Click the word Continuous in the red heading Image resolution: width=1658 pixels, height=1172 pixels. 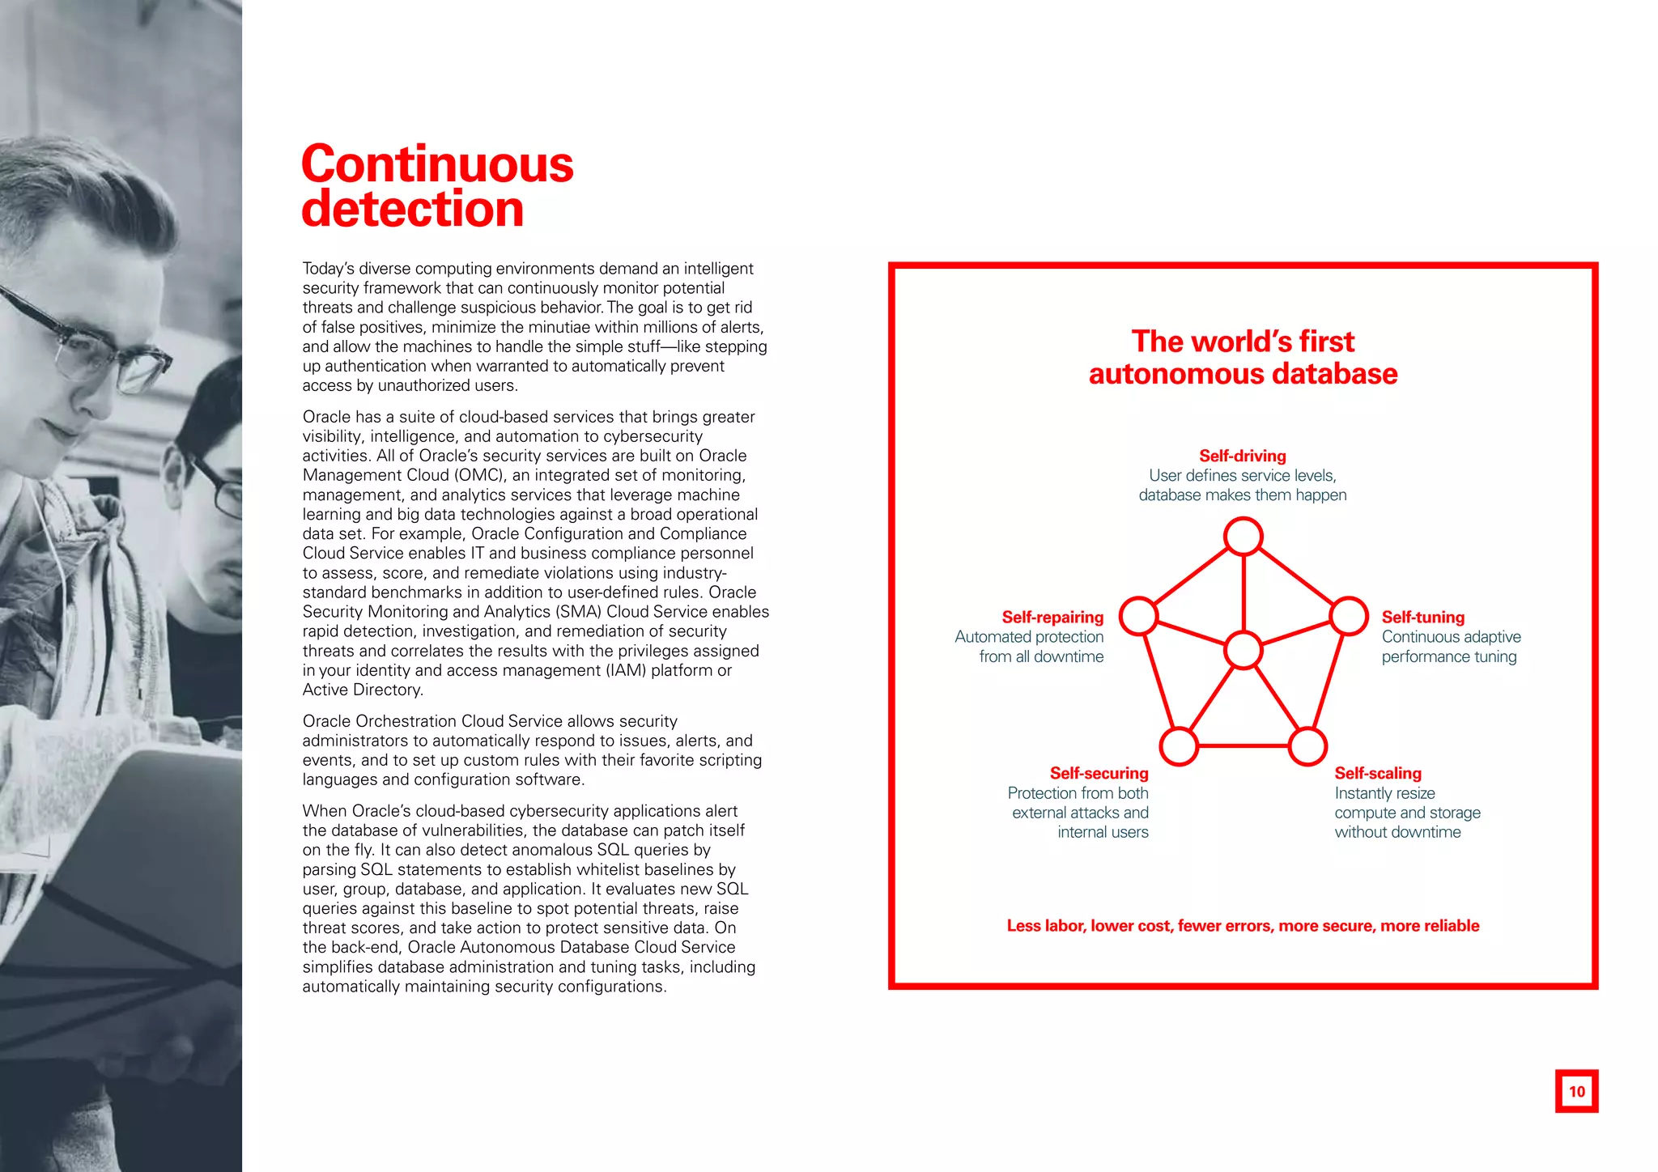point(437,164)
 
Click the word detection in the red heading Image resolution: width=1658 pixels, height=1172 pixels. point(413,210)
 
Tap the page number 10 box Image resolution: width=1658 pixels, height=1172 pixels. point(1576,1091)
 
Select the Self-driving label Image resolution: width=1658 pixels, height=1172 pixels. point(1242,456)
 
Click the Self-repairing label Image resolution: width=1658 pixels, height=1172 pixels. point(1052,618)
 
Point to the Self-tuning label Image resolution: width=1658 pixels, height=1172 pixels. point(1422,618)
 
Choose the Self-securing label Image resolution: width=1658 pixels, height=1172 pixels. point(1099,773)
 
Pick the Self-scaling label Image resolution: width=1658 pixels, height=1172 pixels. point(1377,773)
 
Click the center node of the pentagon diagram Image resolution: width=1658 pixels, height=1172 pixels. point(1243,650)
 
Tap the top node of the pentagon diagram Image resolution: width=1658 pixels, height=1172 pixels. point(1243,536)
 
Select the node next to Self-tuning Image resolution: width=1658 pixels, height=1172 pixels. point(1349,616)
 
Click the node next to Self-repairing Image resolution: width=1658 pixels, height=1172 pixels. point(1138,616)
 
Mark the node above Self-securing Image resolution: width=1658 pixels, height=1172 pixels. point(1179,745)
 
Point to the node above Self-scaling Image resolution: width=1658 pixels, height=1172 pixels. point(1307,745)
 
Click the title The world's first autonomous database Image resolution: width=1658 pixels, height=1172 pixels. point(1243,358)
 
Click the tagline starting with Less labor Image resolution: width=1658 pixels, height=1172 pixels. point(1243,926)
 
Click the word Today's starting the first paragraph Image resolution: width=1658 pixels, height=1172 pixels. point(328,269)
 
